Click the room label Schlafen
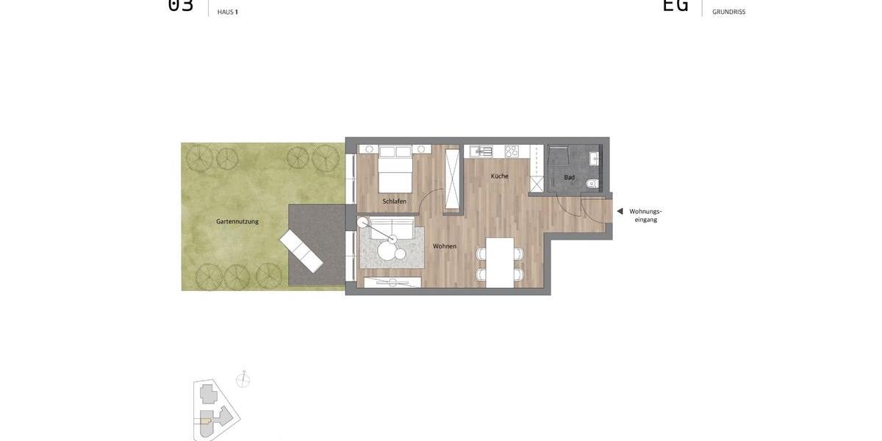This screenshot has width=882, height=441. tap(394, 201)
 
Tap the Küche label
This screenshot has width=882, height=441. tap(500, 176)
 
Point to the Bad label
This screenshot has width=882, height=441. tap(570, 177)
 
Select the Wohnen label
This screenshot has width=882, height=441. tap(445, 246)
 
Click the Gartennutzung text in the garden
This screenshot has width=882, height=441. tap(237, 221)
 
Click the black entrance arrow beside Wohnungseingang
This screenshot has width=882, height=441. tap(620, 212)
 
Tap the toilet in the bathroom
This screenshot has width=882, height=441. tap(592, 184)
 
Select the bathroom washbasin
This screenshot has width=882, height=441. tap(594, 158)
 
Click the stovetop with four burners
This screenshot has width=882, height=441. tap(512, 151)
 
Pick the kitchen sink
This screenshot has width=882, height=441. tap(484, 151)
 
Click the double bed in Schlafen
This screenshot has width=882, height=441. tap(395, 169)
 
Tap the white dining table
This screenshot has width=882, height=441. tap(500, 262)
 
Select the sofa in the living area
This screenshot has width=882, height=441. tap(392, 228)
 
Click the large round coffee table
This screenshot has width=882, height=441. tap(387, 251)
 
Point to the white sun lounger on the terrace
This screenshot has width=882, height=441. tap(301, 251)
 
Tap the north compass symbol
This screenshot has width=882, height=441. tap(243, 380)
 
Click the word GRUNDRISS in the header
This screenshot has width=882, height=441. tap(728, 12)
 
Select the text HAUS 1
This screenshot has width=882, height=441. tap(227, 12)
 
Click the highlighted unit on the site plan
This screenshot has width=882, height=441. tap(205, 422)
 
